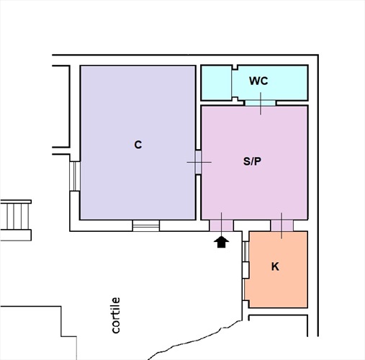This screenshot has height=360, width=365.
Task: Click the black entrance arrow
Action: (221, 242)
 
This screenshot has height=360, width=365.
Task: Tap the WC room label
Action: (258, 81)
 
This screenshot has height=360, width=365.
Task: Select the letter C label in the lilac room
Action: (138, 145)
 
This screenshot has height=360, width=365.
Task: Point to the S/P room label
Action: (252, 161)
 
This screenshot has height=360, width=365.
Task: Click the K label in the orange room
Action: (275, 266)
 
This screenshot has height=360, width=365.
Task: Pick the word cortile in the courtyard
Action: (116, 315)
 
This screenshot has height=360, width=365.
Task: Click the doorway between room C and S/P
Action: (198, 162)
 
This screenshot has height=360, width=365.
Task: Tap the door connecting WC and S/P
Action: (261, 103)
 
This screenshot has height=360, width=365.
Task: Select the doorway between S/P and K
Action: (282, 225)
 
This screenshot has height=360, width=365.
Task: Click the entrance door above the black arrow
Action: (221, 225)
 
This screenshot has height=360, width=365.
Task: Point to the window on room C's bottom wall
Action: (146, 225)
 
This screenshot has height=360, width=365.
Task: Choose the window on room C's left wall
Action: (75, 176)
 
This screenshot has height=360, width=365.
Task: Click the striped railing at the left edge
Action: (16, 220)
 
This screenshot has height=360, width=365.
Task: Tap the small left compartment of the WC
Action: (217, 83)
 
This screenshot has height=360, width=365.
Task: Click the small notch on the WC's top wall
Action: (235, 67)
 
